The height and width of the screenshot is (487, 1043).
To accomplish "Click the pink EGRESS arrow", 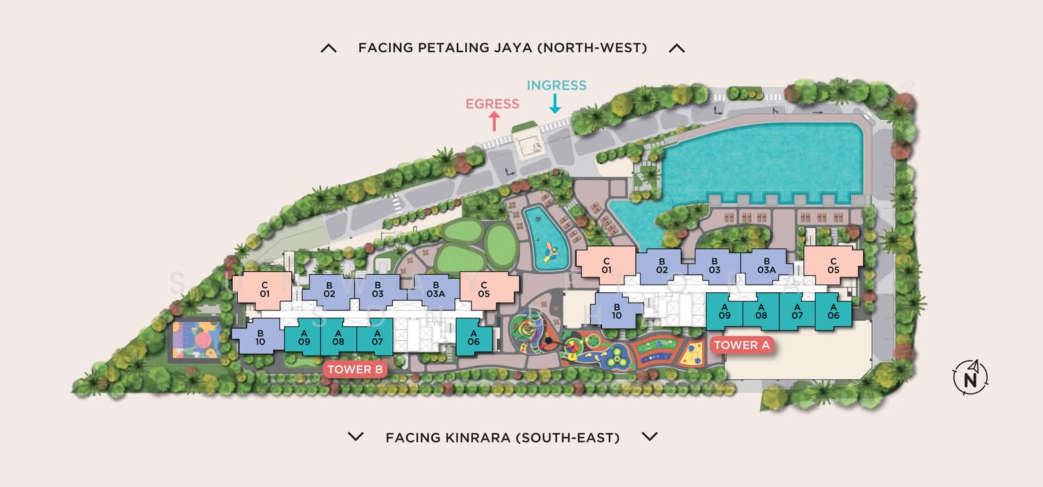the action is (494, 121).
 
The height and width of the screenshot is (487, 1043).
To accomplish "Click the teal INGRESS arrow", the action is (555, 104).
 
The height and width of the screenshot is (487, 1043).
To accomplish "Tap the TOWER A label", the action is (742, 345).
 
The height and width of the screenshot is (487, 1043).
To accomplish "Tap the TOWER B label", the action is (355, 369).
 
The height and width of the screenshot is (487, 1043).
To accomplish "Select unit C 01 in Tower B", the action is (264, 290).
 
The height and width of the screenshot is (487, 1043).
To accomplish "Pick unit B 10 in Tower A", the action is (617, 311).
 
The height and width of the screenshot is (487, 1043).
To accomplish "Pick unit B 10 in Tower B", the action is (259, 337).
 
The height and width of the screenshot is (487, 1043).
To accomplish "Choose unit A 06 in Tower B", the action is (474, 337).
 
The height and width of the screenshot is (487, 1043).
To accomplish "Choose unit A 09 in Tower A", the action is (725, 311).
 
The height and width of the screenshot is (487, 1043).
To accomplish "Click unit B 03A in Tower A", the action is (766, 266).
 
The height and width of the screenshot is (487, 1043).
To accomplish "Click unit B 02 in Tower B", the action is (329, 290).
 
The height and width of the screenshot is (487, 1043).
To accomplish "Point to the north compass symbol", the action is (971, 378).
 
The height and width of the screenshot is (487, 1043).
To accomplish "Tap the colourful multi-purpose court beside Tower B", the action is (197, 340).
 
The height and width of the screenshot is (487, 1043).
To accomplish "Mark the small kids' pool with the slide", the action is (546, 238).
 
